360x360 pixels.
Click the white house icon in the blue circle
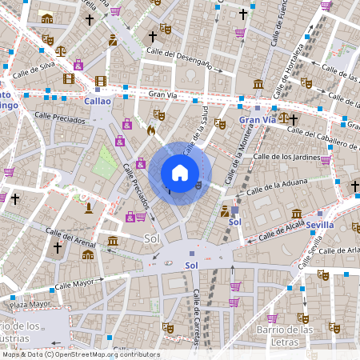pyautogui.click(x=180, y=172)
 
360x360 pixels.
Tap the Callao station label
pyautogui.click(x=98, y=102)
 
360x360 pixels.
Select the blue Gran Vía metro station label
pyautogui.click(x=257, y=120)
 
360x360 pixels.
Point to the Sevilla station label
pyautogui.click(x=319, y=226)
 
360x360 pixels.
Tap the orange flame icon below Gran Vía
pyautogui.click(x=150, y=128)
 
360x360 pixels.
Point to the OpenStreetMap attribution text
pyautogui.click(x=80, y=354)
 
